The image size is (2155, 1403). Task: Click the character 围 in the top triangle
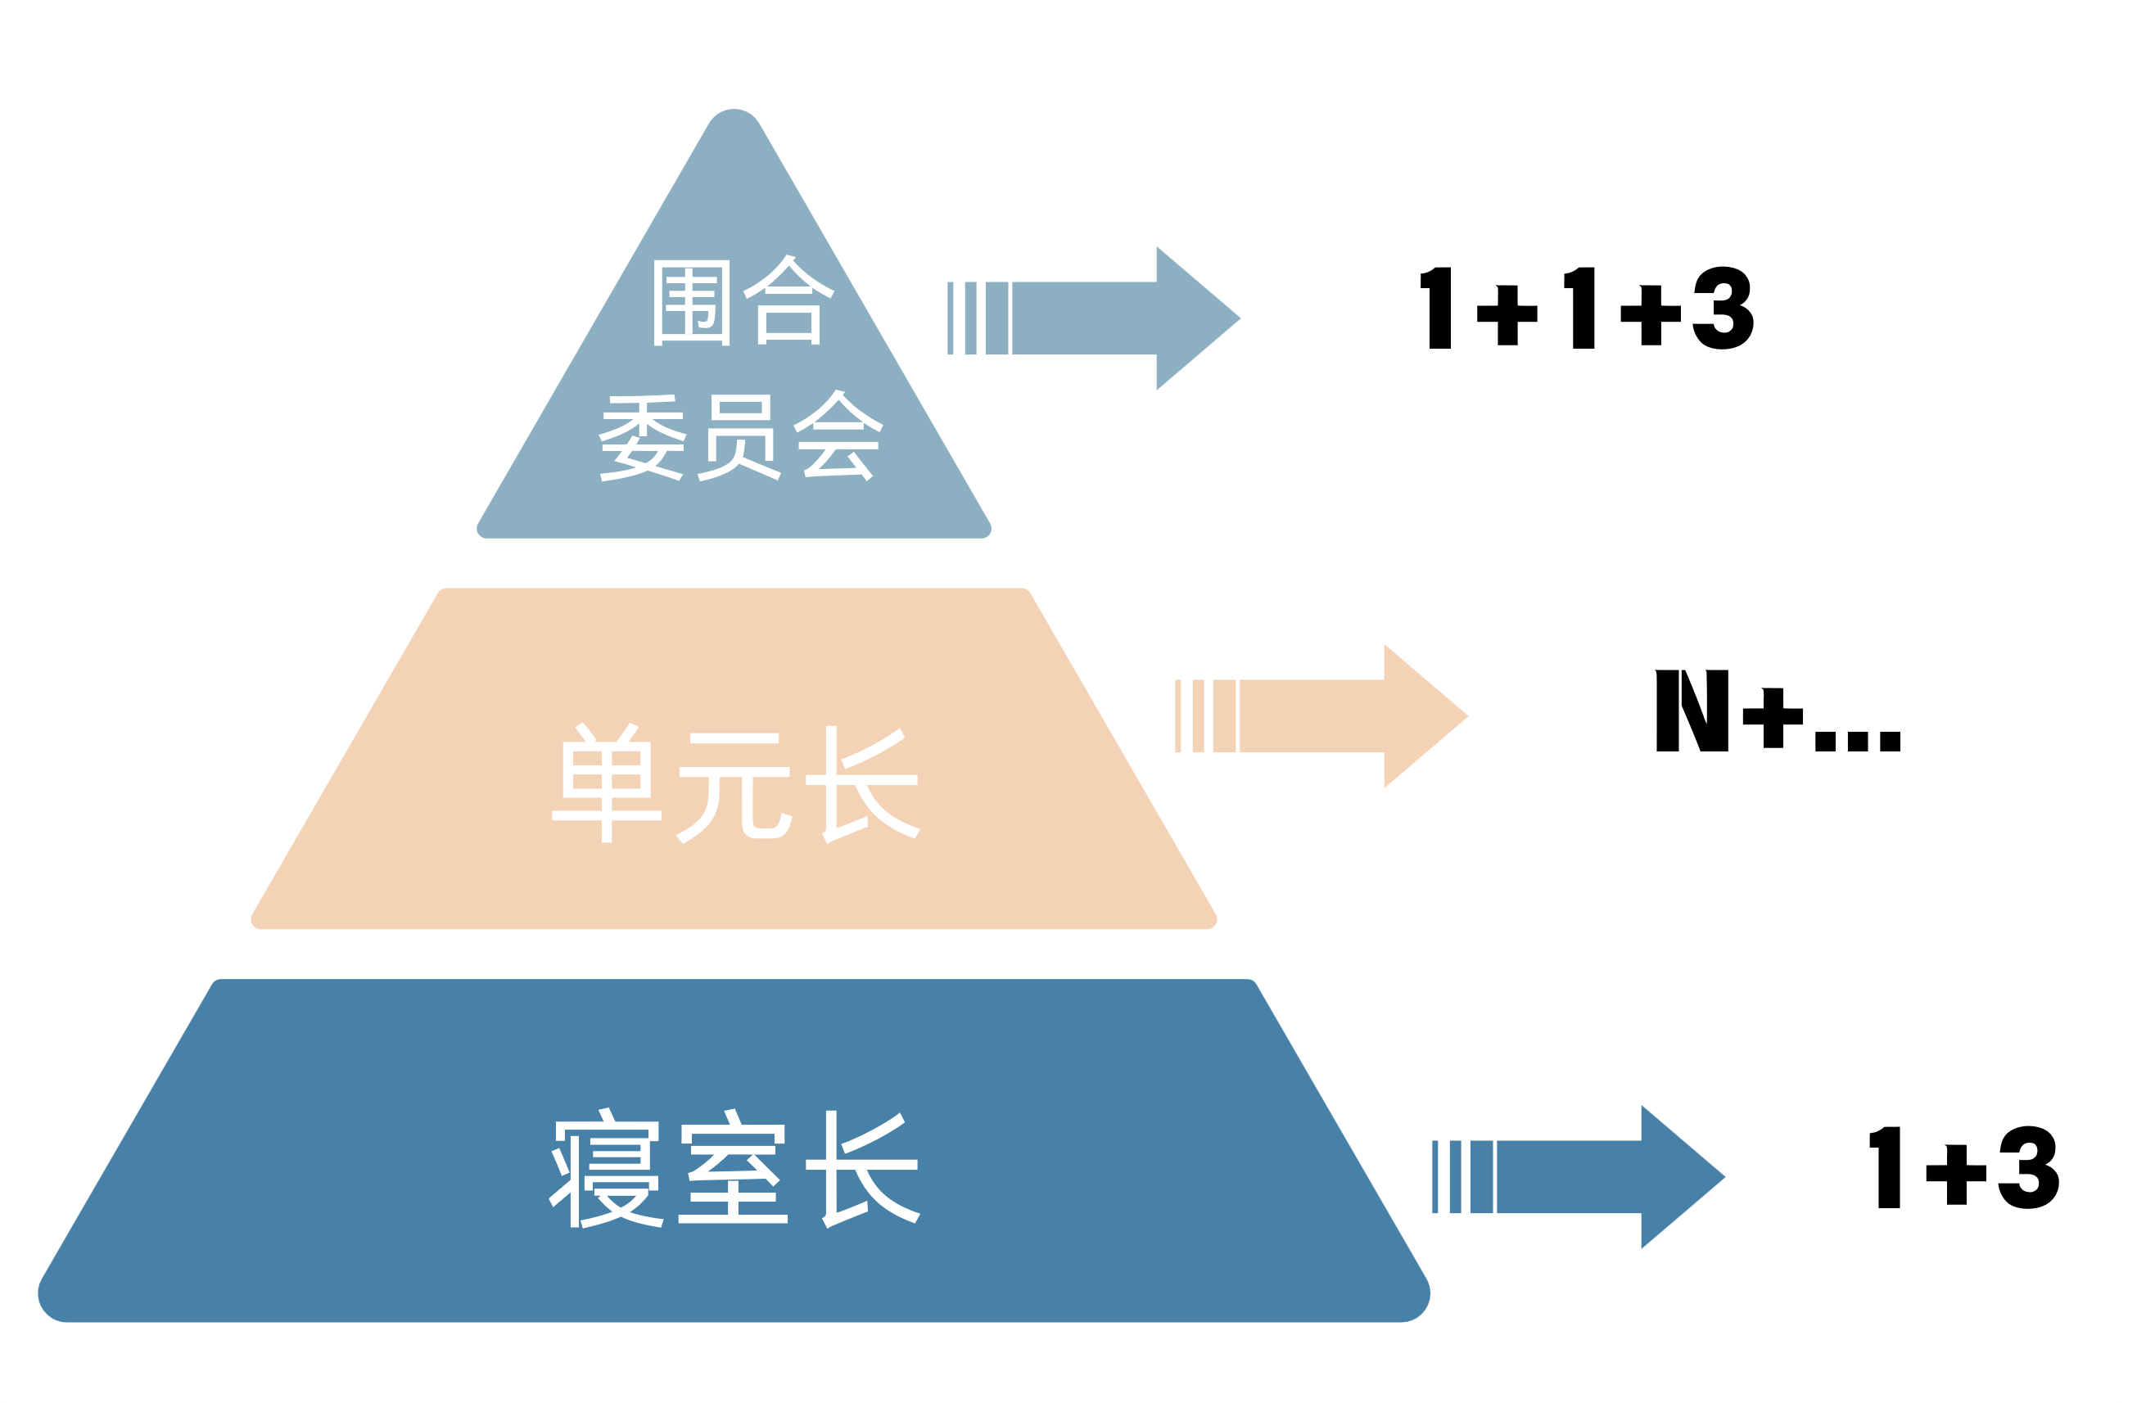click(x=692, y=302)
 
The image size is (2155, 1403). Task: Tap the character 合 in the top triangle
click(x=788, y=300)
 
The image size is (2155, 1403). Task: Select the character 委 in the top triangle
click(x=643, y=437)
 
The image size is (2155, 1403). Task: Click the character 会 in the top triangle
click(x=838, y=435)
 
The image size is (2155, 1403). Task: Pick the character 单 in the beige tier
click(x=607, y=783)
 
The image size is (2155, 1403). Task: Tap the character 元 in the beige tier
click(x=734, y=786)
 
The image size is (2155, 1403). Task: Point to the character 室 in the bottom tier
click(x=734, y=1167)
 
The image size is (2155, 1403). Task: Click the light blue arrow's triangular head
click(x=1191, y=318)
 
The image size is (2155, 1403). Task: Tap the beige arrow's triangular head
click(x=1419, y=716)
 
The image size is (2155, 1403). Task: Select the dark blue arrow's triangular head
click(x=1676, y=1177)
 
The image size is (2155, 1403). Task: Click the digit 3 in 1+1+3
click(x=1723, y=308)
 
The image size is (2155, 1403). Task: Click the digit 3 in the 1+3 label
click(x=2029, y=1166)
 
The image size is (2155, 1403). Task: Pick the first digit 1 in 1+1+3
click(x=1438, y=308)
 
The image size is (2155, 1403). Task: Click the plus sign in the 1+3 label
click(x=1956, y=1174)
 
